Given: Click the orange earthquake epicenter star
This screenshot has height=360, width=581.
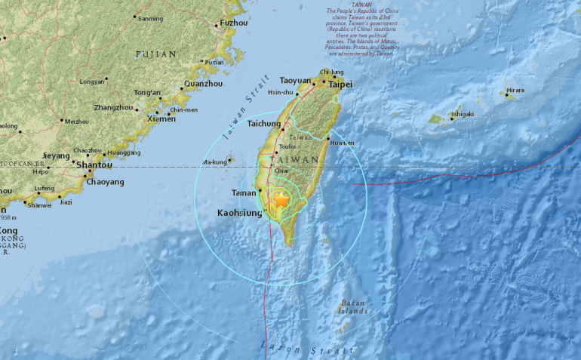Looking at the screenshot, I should pyautogui.click(x=282, y=202).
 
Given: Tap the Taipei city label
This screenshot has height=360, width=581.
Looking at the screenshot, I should pyautogui.click(x=340, y=85).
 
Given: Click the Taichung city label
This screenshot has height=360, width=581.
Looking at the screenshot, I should pyautogui.click(x=258, y=123).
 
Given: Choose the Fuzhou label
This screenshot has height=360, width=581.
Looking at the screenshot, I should pyautogui.click(x=234, y=23).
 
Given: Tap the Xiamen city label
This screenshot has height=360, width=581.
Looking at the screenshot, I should pyautogui.click(x=161, y=119).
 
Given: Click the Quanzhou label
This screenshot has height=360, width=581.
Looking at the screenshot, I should pyautogui.click(x=204, y=84).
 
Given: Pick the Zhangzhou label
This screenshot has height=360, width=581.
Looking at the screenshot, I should pyautogui.click(x=113, y=108).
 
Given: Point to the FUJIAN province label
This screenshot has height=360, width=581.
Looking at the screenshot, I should pyautogui.click(x=155, y=54).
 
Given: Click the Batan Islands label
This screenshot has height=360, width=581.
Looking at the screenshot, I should pyautogui.click(x=352, y=307).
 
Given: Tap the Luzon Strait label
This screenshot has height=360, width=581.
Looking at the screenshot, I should pyautogui.click(x=306, y=349).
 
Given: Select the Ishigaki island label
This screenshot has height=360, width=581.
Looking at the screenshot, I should pyautogui.click(x=462, y=115).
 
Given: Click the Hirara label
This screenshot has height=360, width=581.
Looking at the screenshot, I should pyautogui.click(x=515, y=91).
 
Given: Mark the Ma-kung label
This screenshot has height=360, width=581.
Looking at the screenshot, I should pyautogui.click(x=214, y=162).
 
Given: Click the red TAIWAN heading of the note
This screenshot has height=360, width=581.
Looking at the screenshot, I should pyautogui.click(x=362, y=5).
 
